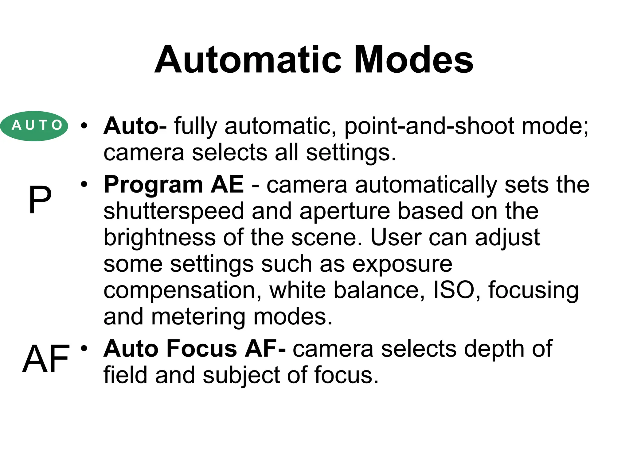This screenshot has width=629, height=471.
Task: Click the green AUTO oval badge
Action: (x=34, y=126)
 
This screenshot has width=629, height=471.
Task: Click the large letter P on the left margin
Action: (x=40, y=200)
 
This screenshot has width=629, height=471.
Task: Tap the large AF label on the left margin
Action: (x=46, y=358)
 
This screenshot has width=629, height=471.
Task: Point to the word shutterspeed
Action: (x=174, y=212)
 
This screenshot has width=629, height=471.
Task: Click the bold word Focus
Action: (x=201, y=349)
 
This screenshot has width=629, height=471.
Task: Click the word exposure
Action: (x=402, y=264)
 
